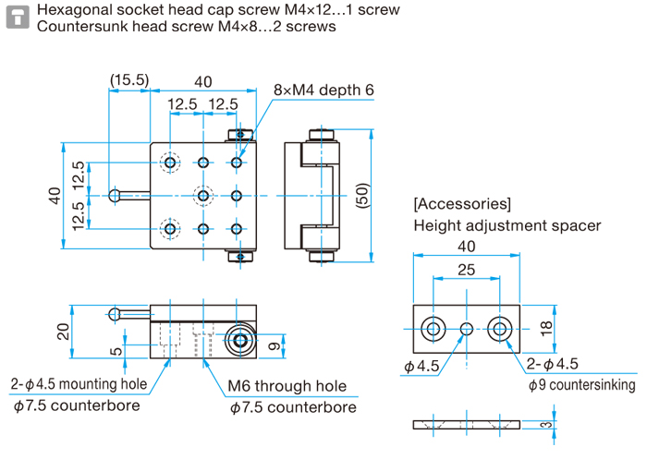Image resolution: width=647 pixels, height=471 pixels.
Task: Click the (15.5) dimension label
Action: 129,80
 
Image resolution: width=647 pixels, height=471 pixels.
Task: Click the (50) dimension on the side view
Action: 362,195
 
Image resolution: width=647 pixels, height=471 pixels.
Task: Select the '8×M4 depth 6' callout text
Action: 323,91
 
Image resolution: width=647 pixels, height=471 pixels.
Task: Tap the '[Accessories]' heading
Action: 462,203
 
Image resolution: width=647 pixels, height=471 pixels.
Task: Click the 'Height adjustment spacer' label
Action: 507,225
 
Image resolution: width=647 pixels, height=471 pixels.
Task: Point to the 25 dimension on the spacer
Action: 466,269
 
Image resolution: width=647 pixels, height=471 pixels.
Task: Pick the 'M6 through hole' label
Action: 287,387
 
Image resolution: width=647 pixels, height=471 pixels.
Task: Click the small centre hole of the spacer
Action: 467,328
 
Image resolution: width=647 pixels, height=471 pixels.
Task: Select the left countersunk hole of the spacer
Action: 433,328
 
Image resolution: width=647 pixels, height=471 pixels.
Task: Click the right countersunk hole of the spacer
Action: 501,328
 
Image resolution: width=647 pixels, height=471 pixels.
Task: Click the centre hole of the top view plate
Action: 203,196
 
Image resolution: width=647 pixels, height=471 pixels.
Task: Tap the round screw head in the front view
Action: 240,341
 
